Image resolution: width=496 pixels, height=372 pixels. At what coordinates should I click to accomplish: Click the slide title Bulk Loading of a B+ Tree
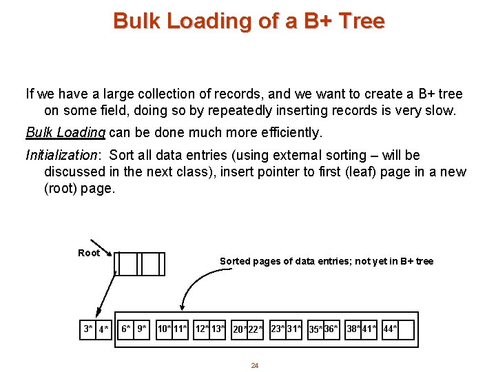249,21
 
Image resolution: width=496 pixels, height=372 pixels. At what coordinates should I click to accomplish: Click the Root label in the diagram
89,253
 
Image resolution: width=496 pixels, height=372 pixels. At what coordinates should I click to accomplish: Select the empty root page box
140,264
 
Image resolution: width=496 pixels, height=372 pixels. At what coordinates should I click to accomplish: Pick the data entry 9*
141,329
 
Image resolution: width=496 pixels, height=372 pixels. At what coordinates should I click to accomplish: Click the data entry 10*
165,329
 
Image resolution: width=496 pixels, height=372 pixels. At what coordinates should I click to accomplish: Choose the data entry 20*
240,330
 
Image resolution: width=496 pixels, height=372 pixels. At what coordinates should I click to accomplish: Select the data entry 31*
294,329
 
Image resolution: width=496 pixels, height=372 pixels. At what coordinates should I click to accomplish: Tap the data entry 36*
331,329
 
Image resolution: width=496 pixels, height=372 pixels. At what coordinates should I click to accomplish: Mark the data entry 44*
390,329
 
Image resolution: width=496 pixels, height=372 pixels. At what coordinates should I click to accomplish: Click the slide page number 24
254,365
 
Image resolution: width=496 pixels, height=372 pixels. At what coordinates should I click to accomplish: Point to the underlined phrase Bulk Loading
65,132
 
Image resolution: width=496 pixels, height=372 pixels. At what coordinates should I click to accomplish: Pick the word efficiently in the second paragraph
289,132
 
